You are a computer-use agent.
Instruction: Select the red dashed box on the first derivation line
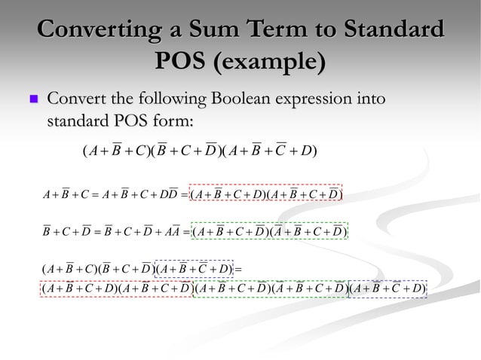pyautogui.click(x=266, y=196)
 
